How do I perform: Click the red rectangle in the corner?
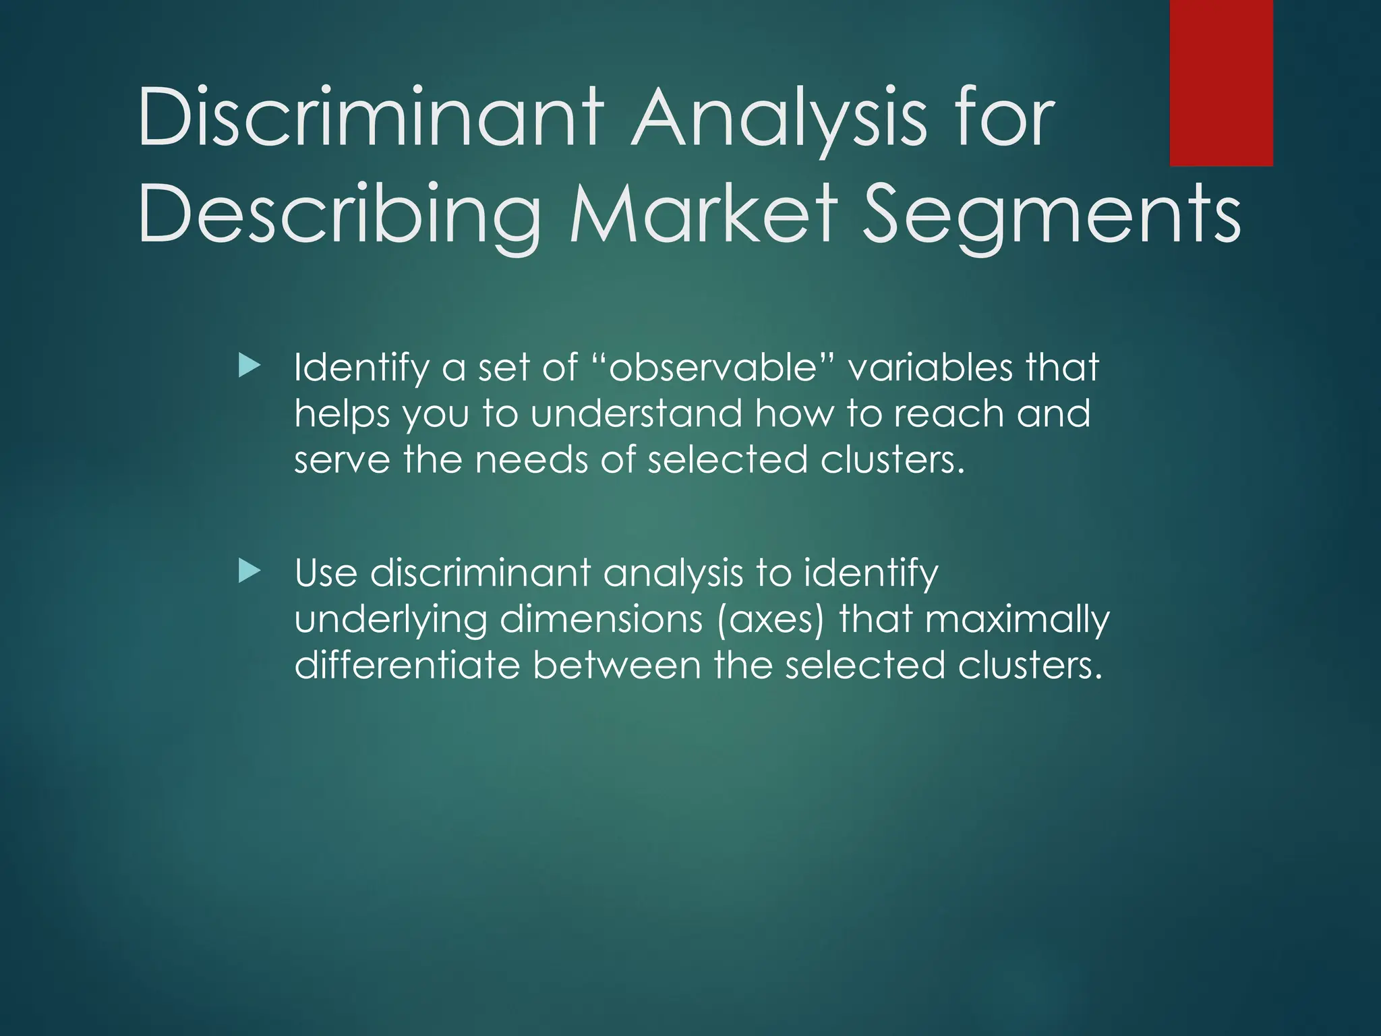tap(1221, 83)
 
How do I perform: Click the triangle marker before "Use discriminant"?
tap(249, 572)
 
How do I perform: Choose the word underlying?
tap(390, 621)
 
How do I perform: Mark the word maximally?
tap(1017, 621)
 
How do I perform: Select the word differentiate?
tap(407, 665)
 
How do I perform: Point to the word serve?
tap(342, 460)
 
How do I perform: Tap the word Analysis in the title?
tap(780, 118)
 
